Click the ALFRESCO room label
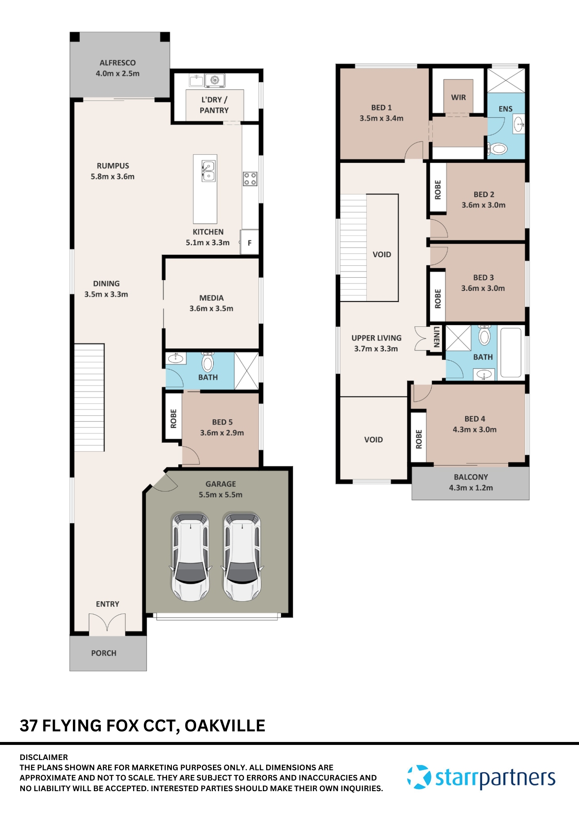tap(118, 63)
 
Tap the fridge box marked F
tap(249, 242)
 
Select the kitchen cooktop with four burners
tap(250, 179)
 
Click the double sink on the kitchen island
tap(208, 171)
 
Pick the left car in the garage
tap(191, 557)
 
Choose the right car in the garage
tap(242, 557)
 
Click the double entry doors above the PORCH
tap(107, 624)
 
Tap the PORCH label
tap(104, 653)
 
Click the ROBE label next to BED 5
tap(173, 419)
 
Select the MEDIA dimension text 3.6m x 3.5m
tap(211, 308)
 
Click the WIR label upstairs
tap(458, 97)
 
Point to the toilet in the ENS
tap(498, 148)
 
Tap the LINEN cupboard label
tap(437, 337)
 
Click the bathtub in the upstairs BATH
tap(511, 353)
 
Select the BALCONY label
tap(471, 477)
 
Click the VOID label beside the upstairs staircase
tap(382, 254)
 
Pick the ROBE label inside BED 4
tap(418, 439)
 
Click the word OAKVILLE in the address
tap(225, 726)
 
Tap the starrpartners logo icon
tap(419, 777)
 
